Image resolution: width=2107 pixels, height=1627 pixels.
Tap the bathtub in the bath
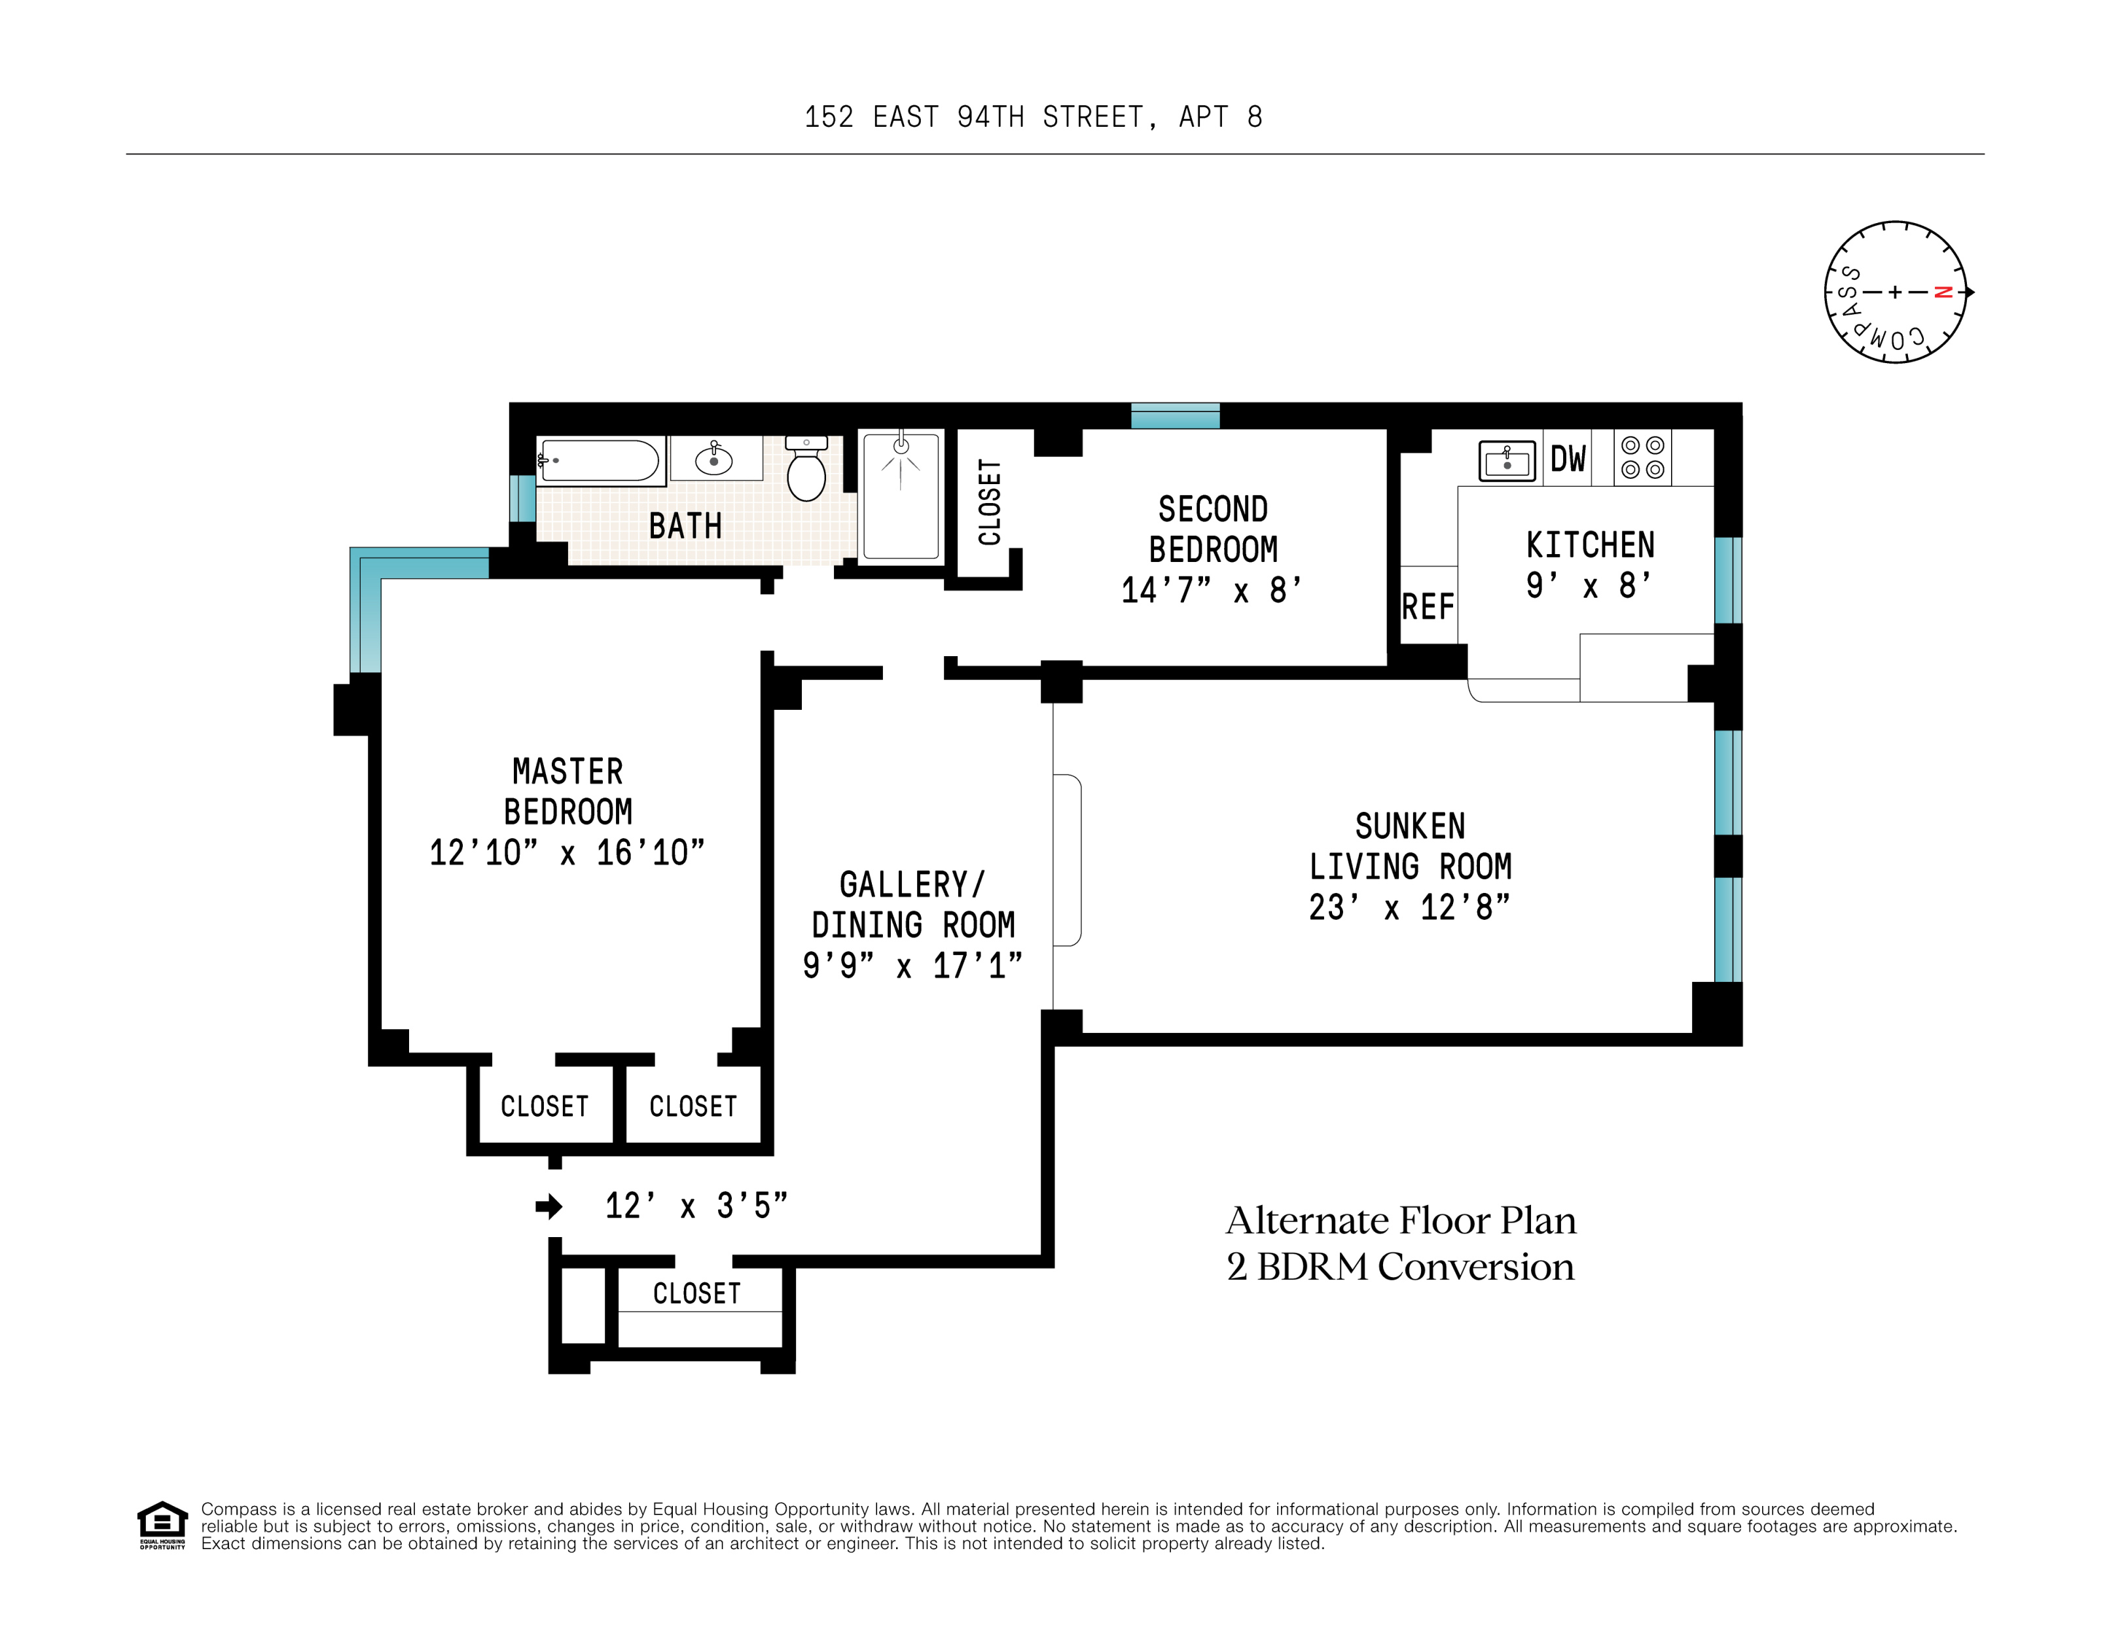click(x=600, y=460)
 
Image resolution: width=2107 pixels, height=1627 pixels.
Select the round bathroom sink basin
click(x=714, y=459)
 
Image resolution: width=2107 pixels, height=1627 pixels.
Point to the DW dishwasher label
click(x=1568, y=459)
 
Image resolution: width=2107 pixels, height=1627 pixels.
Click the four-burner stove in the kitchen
click(x=1642, y=457)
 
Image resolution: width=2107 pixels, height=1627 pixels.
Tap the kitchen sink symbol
click(x=1507, y=461)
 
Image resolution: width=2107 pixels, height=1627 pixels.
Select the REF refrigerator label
click(x=1428, y=606)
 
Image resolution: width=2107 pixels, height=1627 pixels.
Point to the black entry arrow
click(x=549, y=1206)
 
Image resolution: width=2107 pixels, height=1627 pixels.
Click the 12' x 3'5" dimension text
click(x=696, y=1206)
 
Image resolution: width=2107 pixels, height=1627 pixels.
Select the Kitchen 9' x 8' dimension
click(x=1589, y=586)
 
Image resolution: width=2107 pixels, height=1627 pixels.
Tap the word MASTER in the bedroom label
click(x=567, y=771)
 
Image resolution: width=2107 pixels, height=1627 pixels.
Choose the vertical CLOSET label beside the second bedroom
click(x=990, y=502)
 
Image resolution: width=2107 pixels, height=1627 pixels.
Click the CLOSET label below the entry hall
click(x=696, y=1293)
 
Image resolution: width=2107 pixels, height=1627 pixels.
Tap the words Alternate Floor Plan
click(x=1401, y=1221)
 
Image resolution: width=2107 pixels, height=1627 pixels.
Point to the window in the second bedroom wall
click(x=1175, y=415)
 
